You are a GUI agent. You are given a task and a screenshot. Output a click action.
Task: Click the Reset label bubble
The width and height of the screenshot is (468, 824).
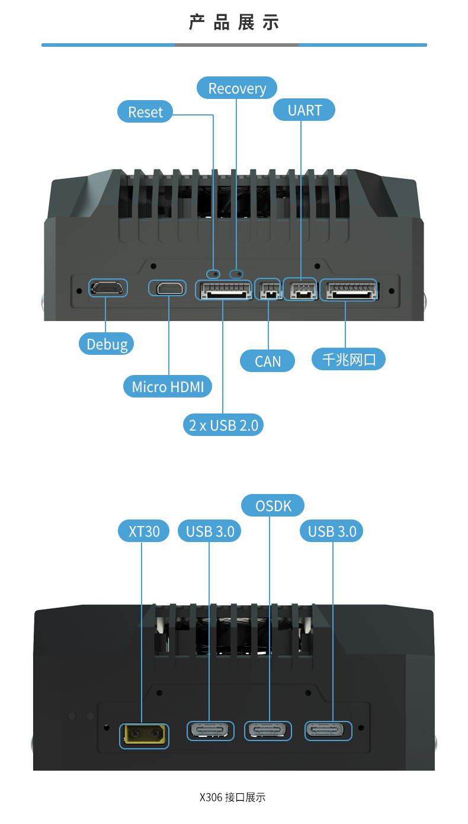[145, 112]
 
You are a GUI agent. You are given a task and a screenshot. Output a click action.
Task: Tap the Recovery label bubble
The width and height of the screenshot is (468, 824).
[237, 88]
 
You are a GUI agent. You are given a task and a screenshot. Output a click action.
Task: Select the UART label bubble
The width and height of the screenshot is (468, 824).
[304, 110]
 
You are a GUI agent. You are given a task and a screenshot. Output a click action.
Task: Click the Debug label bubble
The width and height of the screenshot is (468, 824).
[107, 344]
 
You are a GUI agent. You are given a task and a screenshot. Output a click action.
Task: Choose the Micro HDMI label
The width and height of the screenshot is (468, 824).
[168, 387]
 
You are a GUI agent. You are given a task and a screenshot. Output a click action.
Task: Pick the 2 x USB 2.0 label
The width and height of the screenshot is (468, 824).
[223, 425]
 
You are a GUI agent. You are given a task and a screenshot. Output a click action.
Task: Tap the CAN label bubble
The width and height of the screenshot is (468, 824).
[267, 361]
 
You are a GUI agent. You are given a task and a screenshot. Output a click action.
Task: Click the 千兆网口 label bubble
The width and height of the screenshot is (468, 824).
[349, 359]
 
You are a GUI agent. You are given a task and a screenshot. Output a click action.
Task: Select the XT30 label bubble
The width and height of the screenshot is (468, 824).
[144, 531]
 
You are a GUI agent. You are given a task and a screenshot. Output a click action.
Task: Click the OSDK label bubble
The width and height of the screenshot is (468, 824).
[273, 506]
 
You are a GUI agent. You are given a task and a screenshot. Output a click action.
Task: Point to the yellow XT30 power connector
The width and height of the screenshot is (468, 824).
[144, 735]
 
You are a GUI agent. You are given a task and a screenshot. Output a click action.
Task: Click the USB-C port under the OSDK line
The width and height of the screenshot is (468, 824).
[268, 730]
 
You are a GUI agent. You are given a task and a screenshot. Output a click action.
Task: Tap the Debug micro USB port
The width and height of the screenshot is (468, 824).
[107, 288]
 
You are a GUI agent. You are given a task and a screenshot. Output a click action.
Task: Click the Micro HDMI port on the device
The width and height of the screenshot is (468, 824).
[169, 288]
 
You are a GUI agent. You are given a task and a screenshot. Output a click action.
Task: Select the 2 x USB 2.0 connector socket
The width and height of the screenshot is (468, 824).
[224, 290]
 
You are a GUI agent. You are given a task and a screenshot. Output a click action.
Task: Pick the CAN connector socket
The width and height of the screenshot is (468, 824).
[268, 289]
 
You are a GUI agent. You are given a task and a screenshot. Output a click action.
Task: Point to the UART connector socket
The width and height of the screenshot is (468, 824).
[301, 289]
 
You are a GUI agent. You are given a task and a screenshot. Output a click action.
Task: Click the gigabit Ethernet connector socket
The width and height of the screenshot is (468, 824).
[348, 290]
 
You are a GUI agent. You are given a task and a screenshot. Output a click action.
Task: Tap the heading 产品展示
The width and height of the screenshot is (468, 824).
[234, 23]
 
